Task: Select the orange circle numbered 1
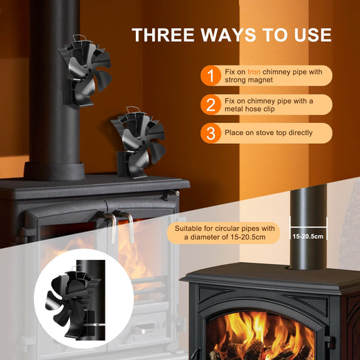click(x=211, y=76)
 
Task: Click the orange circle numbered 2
click(x=211, y=105)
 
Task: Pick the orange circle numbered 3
click(x=211, y=133)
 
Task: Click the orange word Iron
click(x=254, y=72)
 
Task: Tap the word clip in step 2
click(x=269, y=109)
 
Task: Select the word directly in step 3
click(x=300, y=132)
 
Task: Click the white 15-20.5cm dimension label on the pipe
click(x=308, y=236)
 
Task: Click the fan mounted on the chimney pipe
click(x=84, y=71)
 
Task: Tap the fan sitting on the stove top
click(x=138, y=143)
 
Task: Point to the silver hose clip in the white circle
click(x=94, y=325)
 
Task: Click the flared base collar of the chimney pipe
click(x=55, y=172)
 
